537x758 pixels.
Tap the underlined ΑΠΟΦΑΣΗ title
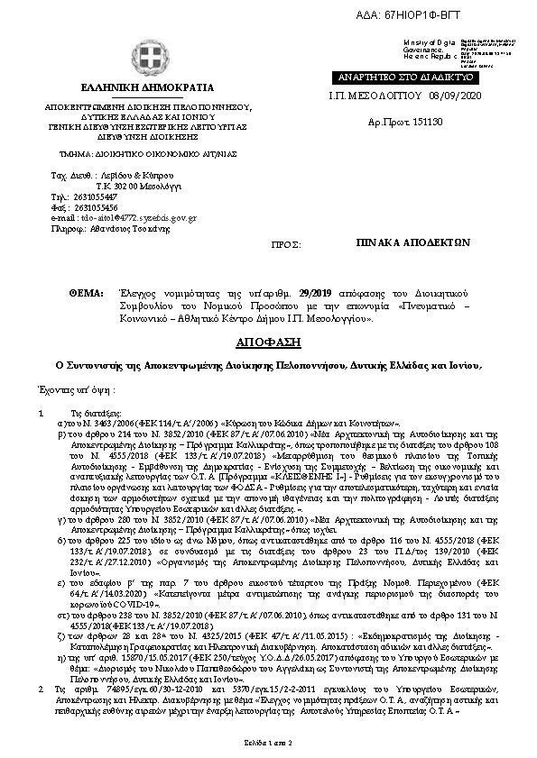pos(268,342)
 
